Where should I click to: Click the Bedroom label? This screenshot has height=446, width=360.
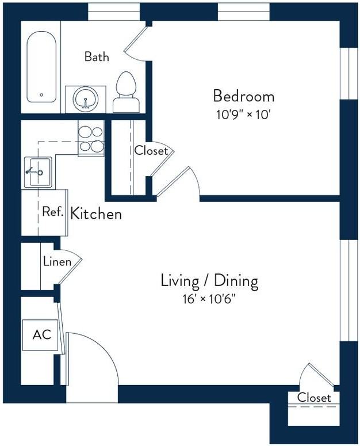coord(243,96)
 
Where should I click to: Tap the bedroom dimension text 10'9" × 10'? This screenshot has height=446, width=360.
coord(243,115)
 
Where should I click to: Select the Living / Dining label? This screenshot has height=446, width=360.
coord(209,281)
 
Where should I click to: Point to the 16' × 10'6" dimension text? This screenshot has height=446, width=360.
coord(209,299)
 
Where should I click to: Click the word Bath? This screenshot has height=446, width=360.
coord(97,56)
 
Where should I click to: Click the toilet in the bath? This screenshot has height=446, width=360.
coord(126,92)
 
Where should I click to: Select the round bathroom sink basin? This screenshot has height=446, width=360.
coord(86,99)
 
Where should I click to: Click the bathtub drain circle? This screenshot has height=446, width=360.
coord(41,95)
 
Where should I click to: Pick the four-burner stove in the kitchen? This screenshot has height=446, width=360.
coord(91,139)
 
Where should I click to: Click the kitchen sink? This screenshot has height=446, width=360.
coord(38,172)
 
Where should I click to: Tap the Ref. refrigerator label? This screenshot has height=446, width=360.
coord(52,212)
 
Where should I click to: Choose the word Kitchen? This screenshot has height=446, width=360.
coord(96,214)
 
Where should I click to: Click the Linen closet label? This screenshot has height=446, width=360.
coord(57,262)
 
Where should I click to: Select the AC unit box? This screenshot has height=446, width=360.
coord(40,335)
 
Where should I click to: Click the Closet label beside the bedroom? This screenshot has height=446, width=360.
coord(151,151)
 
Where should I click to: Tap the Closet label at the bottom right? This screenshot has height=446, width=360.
coord(314,398)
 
